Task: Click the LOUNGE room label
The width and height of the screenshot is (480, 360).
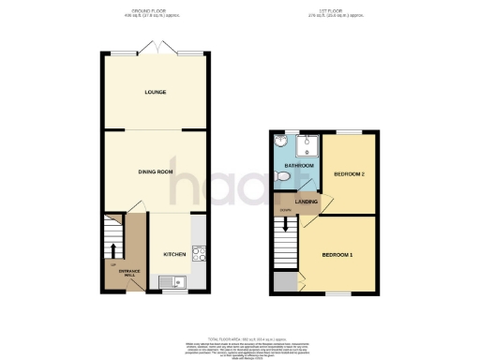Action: coord(156,93)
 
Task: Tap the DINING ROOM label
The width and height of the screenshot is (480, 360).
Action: coord(156,172)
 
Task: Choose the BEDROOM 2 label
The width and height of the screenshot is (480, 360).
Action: coord(350,173)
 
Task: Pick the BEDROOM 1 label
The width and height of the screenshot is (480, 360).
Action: coord(337,255)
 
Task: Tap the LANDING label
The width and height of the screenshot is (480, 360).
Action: coord(306,200)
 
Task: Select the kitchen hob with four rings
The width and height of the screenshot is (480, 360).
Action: coord(199,253)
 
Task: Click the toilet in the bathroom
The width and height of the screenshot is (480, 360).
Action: coord(285,176)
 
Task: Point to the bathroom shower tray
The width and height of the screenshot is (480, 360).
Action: coord(307,146)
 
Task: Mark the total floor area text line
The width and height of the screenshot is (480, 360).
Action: coord(239,337)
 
